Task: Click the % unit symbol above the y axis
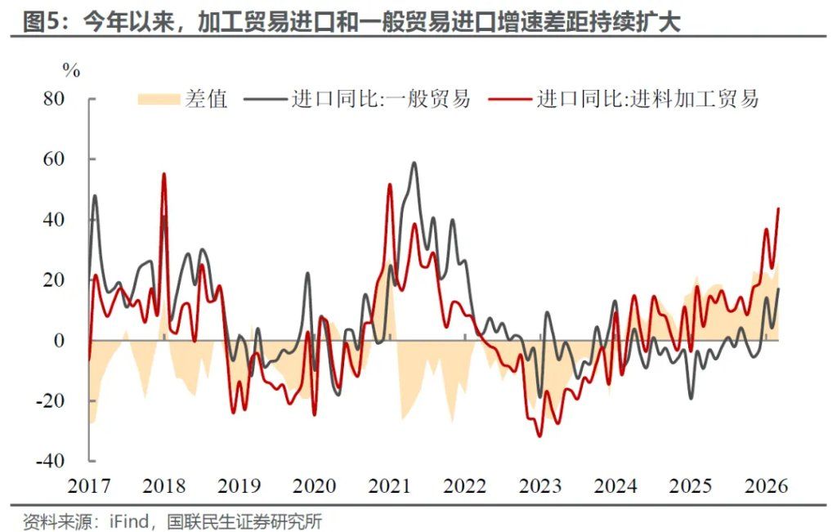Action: pos(72,71)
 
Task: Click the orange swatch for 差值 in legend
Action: pos(157,100)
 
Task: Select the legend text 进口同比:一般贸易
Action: pos(381,100)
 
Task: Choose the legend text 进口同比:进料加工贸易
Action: pos(647,100)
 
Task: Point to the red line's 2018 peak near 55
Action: pos(164,174)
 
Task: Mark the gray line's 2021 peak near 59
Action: pos(414,163)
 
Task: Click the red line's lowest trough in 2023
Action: pos(539,436)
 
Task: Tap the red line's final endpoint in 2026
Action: pos(778,208)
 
